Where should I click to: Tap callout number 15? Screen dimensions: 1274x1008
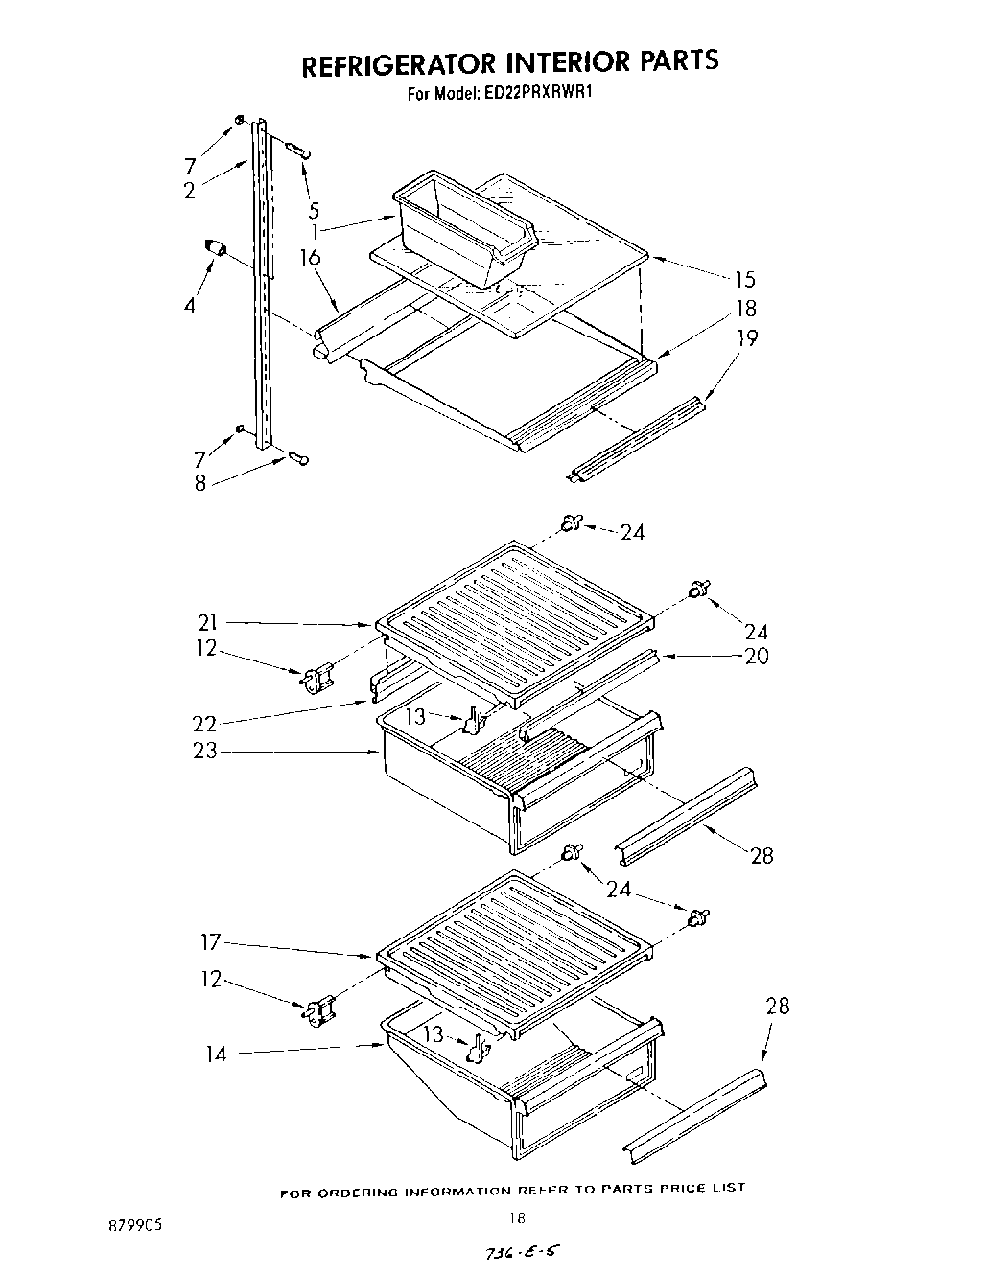pos(743,280)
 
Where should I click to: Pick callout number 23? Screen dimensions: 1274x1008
pos(205,751)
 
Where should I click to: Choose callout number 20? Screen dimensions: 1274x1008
pos(756,657)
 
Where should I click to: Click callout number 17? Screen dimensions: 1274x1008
pos(210,942)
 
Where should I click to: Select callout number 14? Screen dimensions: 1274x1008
pos(217,1054)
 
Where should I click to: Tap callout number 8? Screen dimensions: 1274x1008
pos(199,483)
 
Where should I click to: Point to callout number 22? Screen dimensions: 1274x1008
pos(205,724)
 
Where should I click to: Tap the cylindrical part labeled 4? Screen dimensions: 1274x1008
pos(214,250)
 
